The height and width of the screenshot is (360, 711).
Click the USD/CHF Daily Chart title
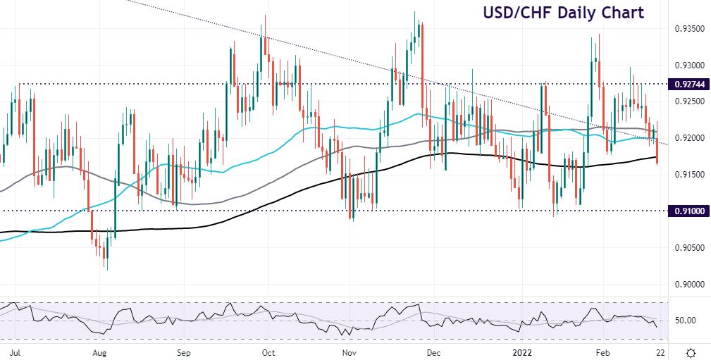(563, 13)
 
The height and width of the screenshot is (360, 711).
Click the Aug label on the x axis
(99, 350)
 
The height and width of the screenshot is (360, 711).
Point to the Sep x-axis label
(184, 350)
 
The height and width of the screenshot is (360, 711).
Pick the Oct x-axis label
(268, 350)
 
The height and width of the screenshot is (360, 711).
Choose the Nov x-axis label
(348, 350)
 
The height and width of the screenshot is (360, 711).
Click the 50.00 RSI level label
(687, 321)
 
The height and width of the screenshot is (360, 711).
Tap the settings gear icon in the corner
(691, 351)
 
